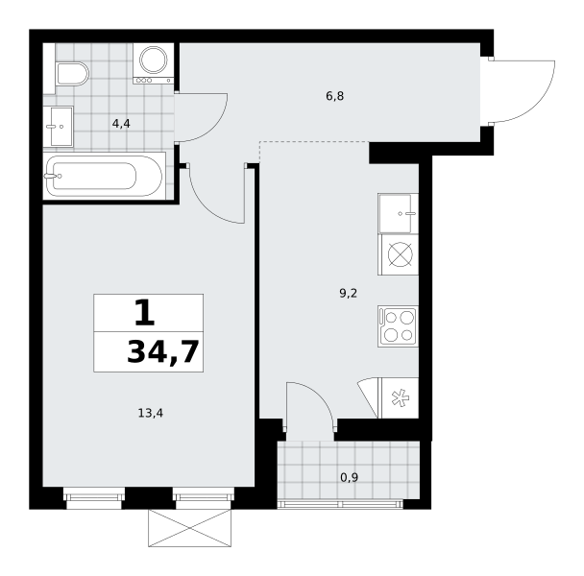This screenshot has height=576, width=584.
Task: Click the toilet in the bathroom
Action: [x=73, y=74]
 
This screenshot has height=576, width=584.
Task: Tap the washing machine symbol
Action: [x=154, y=63]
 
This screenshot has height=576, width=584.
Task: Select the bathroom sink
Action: [x=58, y=126]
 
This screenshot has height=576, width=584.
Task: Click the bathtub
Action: [x=105, y=176]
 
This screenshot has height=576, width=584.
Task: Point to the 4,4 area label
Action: [x=121, y=124]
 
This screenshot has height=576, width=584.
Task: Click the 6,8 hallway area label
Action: [x=335, y=96]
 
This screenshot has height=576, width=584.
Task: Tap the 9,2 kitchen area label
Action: [x=349, y=294]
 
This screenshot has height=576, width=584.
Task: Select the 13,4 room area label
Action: [x=151, y=414]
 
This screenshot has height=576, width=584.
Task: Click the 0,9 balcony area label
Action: [x=350, y=477]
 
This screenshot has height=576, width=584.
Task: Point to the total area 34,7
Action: [x=162, y=352]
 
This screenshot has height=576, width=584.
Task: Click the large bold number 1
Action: [x=144, y=313]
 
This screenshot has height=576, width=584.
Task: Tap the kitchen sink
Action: [x=399, y=213]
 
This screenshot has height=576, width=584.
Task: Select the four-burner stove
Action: [x=399, y=326]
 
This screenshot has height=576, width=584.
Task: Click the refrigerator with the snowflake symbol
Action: [x=399, y=398]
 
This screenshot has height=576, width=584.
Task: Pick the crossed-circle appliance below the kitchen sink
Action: [x=399, y=254]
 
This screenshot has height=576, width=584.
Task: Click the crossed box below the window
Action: [x=189, y=528]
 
